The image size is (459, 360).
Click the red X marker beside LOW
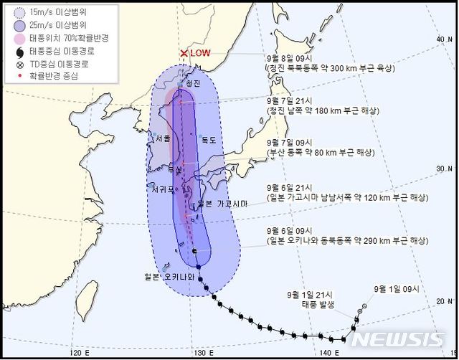[184, 54]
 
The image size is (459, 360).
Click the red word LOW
[202, 54]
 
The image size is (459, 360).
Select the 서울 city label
[163, 138]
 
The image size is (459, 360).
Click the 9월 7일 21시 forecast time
[285, 101]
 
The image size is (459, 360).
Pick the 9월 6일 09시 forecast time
[285, 230]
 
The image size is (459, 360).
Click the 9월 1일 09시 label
[394, 290]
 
